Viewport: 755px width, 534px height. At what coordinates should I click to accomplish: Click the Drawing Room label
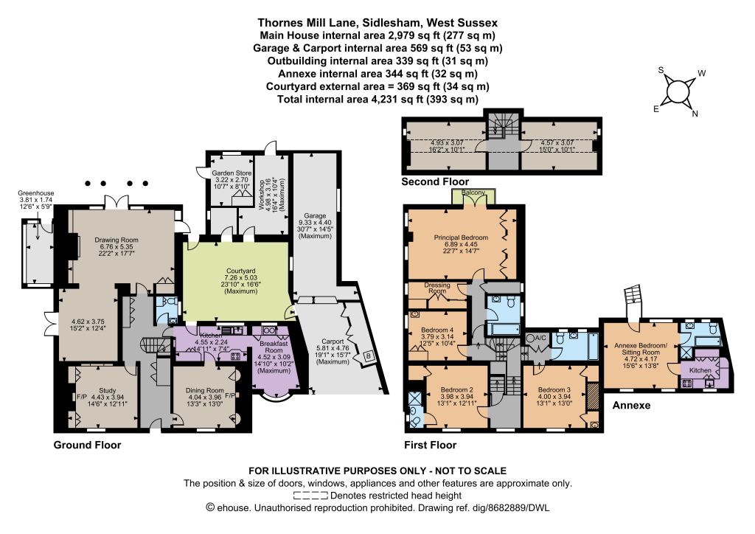pos(116,240)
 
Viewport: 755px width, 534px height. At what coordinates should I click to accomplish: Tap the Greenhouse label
pos(35,193)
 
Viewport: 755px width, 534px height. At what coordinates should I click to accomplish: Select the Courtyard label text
pos(241,271)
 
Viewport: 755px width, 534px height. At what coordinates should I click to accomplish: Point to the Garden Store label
pos(232,173)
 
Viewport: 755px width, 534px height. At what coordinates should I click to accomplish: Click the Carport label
pos(333,341)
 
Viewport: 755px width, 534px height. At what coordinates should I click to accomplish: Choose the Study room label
pos(108,390)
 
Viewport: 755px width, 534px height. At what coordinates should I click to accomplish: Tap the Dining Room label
pos(205,390)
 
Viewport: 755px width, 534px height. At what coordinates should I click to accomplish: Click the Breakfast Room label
pos(274,347)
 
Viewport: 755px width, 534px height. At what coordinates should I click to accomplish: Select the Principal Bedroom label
pos(461,237)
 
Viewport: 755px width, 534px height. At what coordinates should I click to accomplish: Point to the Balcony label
pos(473,193)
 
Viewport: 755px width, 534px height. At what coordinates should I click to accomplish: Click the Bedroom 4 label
pos(437,330)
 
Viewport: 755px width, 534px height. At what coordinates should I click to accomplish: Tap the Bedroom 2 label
pos(457,389)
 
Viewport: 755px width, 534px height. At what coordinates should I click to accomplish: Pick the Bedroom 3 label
pos(554,389)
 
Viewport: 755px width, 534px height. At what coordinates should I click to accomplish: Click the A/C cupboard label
pos(540,338)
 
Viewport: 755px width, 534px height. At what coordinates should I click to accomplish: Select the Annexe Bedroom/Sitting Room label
pos(641,349)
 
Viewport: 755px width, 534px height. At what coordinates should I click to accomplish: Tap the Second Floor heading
pos(435,181)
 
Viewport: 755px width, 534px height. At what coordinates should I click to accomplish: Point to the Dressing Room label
pos(437,288)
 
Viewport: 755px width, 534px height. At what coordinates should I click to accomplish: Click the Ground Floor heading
pos(87,445)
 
